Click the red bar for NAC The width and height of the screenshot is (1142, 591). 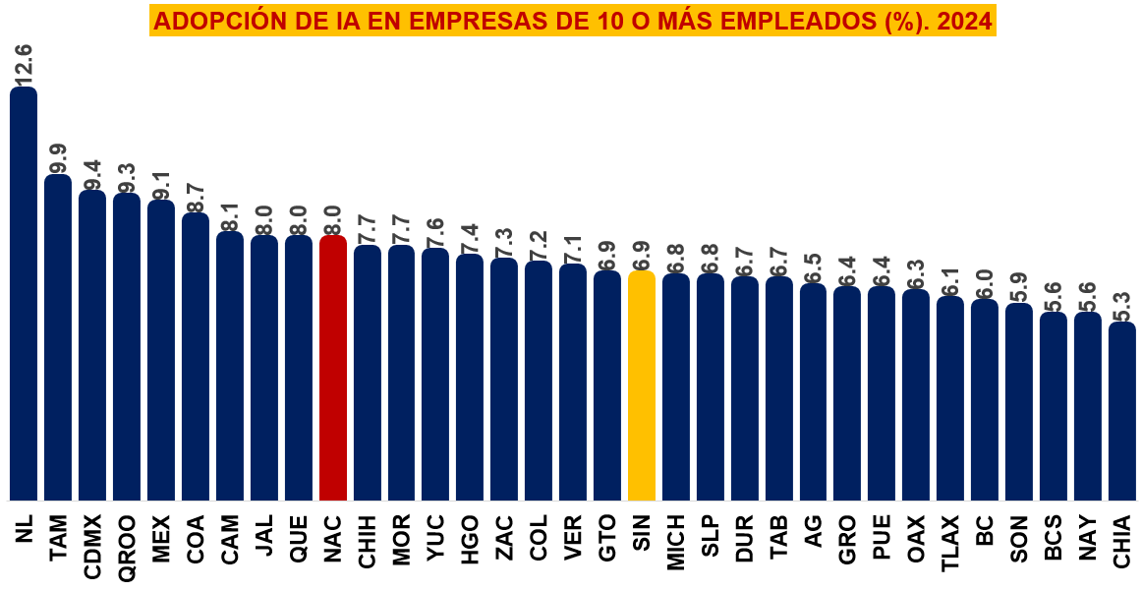coord(333,369)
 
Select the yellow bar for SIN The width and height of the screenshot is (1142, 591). coord(642,385)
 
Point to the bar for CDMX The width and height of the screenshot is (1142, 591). coord(92,345)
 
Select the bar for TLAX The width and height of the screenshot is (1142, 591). coord(950,398)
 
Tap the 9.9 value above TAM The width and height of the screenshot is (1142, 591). coord(58,157)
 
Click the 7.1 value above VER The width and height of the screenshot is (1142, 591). coord(574,248)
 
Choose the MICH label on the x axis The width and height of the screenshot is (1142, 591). coord(676,543)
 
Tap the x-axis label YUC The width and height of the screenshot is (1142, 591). coord(435,539)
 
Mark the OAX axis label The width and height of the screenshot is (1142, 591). coord(916,539)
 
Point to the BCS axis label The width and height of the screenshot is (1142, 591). coord(1054,539)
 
